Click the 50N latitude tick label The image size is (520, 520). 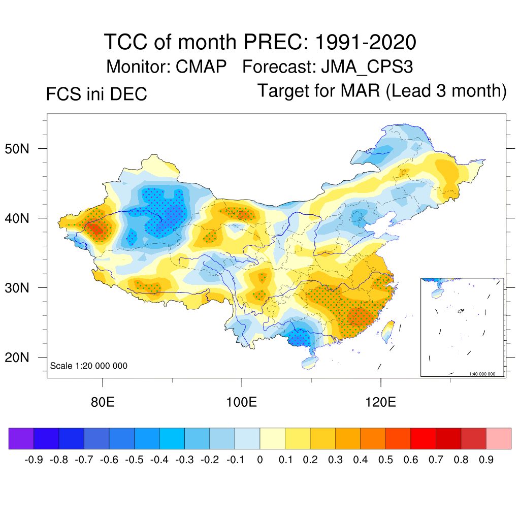click(x=22, y=149)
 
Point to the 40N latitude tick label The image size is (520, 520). click(x=22, y=219)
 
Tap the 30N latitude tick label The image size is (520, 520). click(x=22, y=288)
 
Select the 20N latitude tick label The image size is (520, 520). click(x=22, y=357)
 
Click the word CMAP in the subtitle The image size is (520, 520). click(x=201, y=67)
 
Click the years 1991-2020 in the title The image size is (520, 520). click(x=365, y=42)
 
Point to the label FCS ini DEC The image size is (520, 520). click(x=96, y=94)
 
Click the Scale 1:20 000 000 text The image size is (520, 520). click(x=89, y=366)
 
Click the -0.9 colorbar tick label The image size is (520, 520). click(x=34, y=460)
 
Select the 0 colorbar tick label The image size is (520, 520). click(x=260, y=460)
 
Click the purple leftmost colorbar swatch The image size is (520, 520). click(x=21, y=439)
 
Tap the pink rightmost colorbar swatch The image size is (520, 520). click(x=499, y=439)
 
